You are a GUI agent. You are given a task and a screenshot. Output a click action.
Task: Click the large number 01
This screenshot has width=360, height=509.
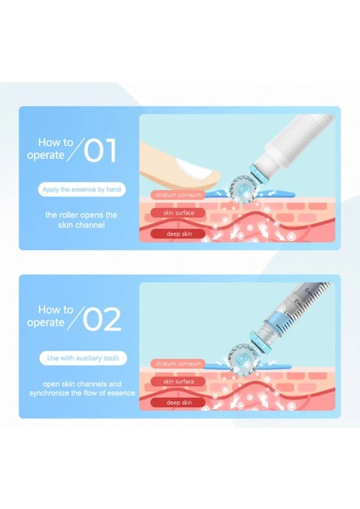coord(100,151)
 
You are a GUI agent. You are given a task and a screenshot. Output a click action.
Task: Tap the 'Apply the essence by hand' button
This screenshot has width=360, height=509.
coord(82,191)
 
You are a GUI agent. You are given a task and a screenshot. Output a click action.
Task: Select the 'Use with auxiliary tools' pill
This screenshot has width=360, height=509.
coord(82,359)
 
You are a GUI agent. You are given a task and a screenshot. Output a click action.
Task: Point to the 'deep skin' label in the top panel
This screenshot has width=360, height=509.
coord(179,232)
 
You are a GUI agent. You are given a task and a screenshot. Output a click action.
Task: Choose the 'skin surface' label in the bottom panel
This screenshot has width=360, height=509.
coord(179,382)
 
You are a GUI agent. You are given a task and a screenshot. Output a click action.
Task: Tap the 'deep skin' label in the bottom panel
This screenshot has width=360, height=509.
coord(179,401)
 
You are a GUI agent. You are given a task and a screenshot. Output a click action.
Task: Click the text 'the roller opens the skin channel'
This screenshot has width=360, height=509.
coord(82,221)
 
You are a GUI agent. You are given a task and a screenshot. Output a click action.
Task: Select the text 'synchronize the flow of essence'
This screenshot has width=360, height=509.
coord(82,394)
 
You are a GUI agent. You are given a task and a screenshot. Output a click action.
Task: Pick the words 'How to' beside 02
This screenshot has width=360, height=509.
coord(57,310)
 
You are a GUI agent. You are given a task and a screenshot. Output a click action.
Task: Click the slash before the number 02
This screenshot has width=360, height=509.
coord(75,319)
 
